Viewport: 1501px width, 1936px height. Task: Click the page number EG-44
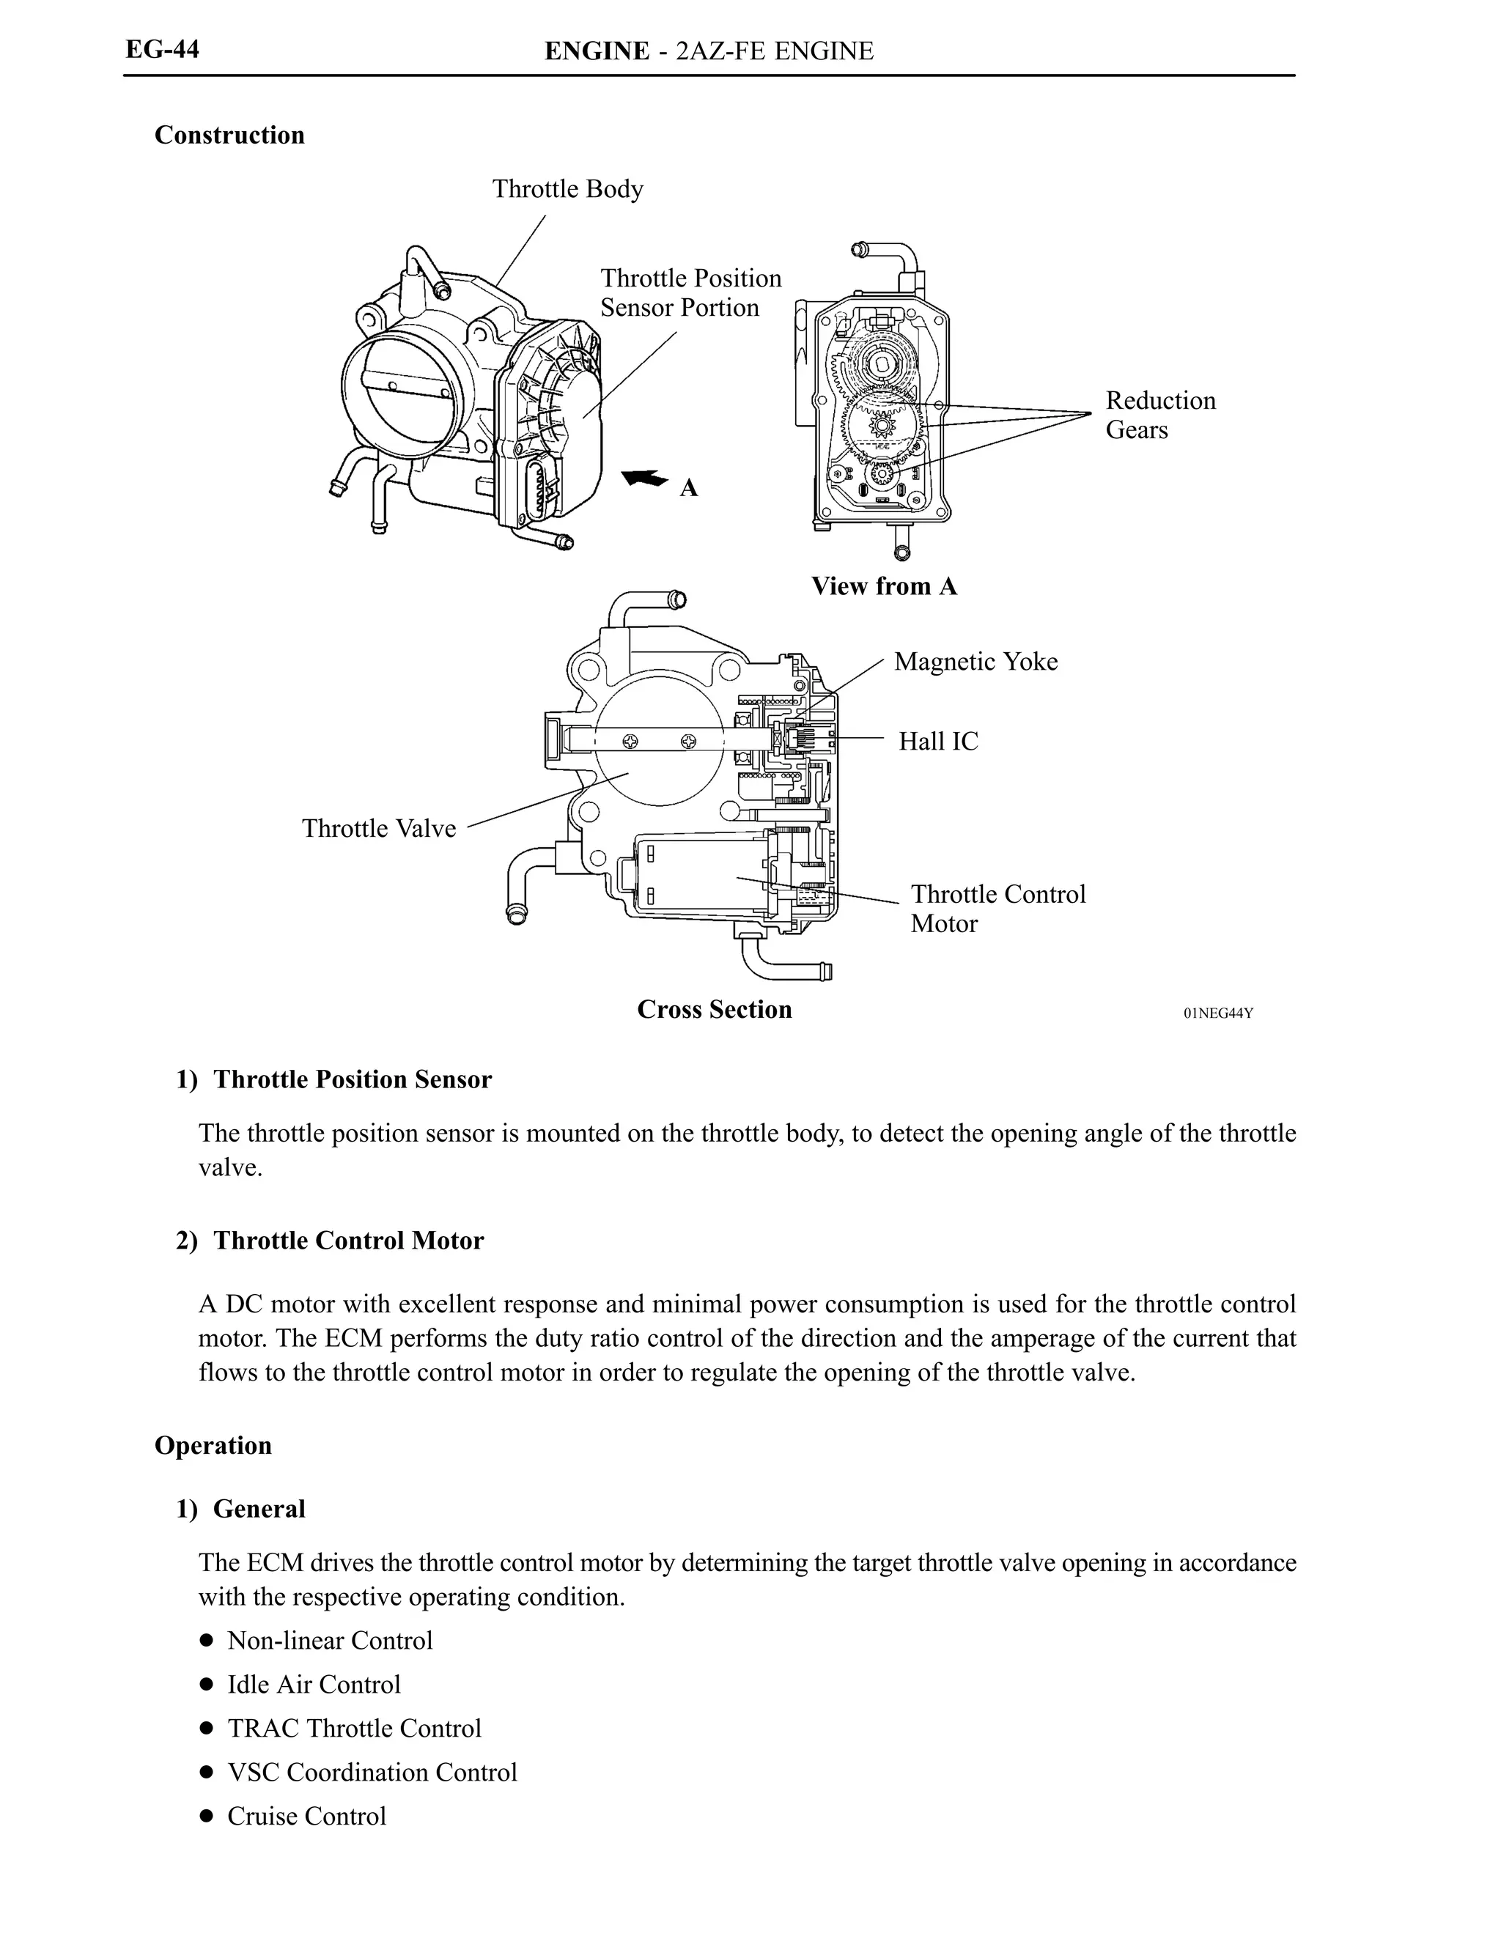[162, 49]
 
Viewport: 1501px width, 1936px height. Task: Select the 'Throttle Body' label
[567, 189]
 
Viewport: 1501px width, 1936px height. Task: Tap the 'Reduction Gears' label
[1159, 415]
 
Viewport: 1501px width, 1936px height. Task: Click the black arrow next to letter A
[644, 479]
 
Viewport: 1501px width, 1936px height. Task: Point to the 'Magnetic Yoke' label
[976, 661]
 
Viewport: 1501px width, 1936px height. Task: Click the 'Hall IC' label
[938, 741]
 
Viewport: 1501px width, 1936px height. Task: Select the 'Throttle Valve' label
[379, 828]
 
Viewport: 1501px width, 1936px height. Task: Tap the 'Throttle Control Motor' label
[997, 908]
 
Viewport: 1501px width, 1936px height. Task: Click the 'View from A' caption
[884, 586]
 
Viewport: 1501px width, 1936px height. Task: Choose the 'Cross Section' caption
[714, 1010]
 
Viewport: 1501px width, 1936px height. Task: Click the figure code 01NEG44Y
[1217, 1013]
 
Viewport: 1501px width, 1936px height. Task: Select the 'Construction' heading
[229, 135]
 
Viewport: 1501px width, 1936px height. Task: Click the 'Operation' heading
[213, 1445]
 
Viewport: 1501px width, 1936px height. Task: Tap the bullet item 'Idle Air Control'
[314, 1684]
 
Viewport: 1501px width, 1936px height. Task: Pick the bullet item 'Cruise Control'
[307, 1817]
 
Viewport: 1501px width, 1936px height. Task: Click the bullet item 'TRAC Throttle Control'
[354, 1728]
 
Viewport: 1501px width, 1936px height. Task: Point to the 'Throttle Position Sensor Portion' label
[690, 292]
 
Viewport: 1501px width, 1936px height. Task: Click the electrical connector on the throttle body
[542, 487]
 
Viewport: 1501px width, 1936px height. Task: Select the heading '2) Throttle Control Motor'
[331, 1240]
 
